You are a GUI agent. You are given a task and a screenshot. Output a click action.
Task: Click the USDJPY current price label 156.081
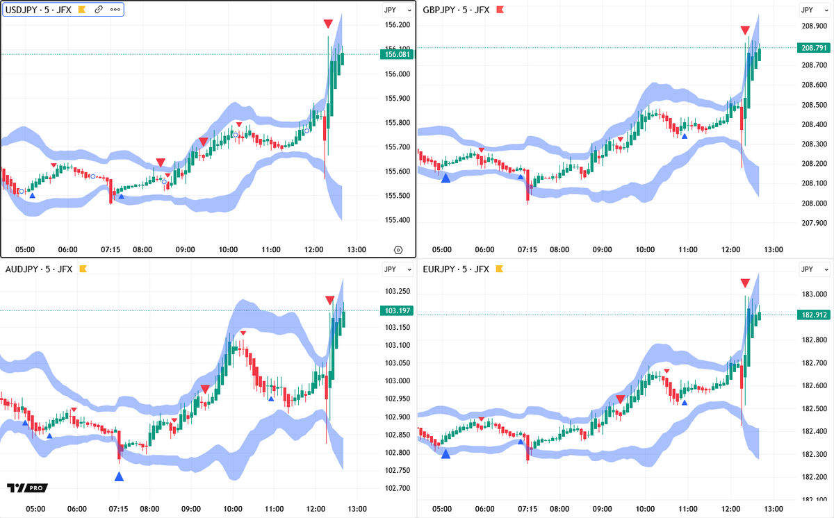[395, 54]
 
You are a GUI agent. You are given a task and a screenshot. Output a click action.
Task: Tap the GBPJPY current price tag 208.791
[814, 48]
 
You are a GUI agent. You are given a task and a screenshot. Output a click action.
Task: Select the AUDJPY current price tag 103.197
[395, 311]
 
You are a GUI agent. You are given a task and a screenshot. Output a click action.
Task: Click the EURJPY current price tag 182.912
[814, 315]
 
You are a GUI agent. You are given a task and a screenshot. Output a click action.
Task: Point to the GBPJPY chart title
[456, 10]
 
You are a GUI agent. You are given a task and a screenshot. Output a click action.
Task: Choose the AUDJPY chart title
[39, 269]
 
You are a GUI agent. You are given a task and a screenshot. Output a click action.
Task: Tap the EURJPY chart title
[456, 269]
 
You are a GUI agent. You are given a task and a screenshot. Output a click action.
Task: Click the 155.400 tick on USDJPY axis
[397, 220]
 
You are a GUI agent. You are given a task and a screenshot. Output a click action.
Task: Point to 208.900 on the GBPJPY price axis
[814, 26]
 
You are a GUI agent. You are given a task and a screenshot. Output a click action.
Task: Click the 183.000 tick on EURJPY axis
[814, 294]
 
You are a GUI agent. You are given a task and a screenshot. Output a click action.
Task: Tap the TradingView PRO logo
[22, 488]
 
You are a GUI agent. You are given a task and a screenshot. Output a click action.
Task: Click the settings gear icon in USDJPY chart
[398, 250]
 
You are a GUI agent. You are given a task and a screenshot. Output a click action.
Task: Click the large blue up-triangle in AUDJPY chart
[119, 476]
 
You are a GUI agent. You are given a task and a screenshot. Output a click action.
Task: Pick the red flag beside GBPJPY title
[499, 10]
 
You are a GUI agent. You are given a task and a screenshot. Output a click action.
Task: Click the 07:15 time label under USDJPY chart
[111, 250]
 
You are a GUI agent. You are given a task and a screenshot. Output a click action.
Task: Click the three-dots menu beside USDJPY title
[115, 10]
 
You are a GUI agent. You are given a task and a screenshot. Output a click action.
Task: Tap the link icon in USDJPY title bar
[99, 10]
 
